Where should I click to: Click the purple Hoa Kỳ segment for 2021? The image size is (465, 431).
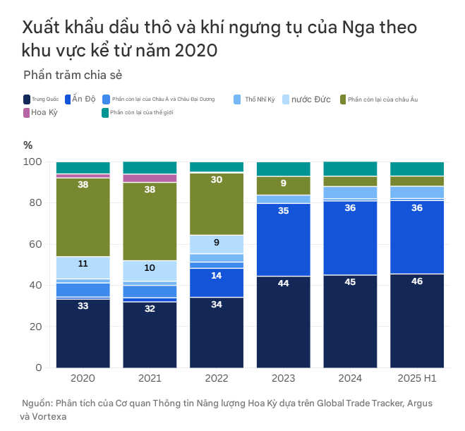click(x=150, y=178)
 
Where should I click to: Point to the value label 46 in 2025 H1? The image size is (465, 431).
click(x=417, y=281)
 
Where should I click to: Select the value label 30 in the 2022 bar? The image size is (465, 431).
click(x=217, y=180)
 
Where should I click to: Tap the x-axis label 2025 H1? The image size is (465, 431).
click(x=417, y=380)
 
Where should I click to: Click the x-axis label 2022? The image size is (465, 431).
click(x=217, y=380)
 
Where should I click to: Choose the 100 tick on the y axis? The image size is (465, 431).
click(x=33, y=162)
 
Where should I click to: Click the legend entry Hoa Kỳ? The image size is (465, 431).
click(x=44, y=112)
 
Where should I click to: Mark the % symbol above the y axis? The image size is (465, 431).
click(x=28, y=145)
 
